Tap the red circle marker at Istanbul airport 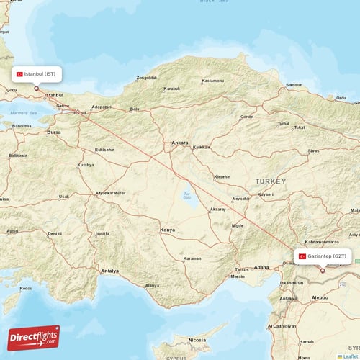point(36,89)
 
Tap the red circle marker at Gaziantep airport point(323,271)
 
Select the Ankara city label point(179,143)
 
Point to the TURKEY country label point(270,181)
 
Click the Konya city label point(167,230)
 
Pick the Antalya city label point(109,271)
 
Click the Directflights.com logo point(34,338)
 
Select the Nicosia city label point(197,339)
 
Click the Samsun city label point(294,85)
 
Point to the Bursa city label point(53,132)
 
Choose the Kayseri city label point(266,194)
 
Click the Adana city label point(261,267)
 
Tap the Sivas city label point(312,151)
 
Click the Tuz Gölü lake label point(187,194)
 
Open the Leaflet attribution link point(349,356)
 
